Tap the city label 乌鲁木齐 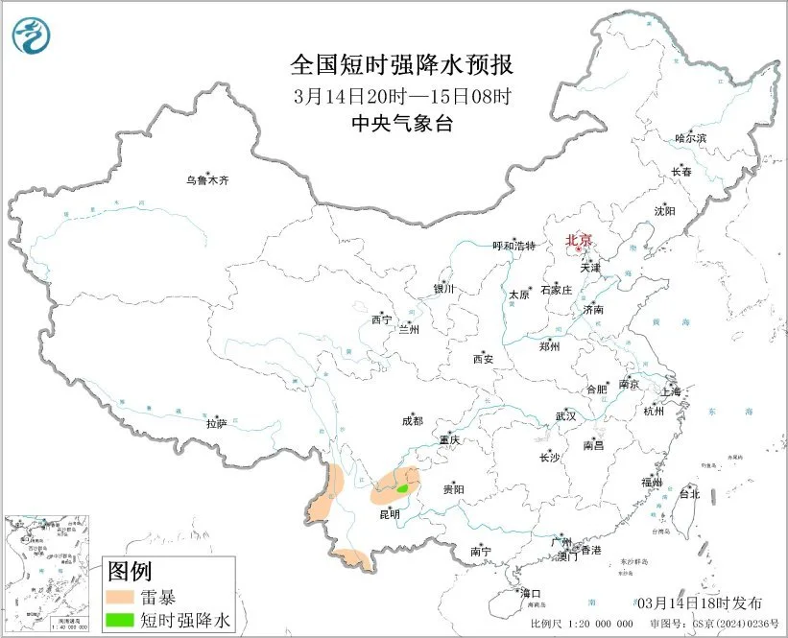(x=207, y=179)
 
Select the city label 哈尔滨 (x=689, y=139)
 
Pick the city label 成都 (x=412, y=419)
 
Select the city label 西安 (x=482, y=359)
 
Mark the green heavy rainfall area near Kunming (x=403, y=489)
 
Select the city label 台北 (x=689, y=494)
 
